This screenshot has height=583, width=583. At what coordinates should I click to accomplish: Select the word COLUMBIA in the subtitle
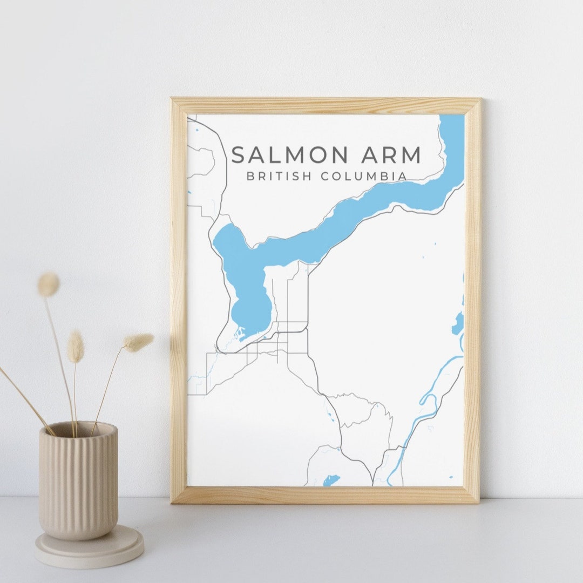pyautogui.click(x=364, y=177)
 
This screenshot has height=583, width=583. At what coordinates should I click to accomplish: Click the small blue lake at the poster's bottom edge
pyautogui.click(x=330, y=479)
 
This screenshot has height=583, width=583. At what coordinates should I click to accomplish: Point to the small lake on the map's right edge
pyautogui.click(x=458, y=323)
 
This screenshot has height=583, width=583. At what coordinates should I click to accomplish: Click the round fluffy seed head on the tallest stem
pyautogui.click(x=49, y=284)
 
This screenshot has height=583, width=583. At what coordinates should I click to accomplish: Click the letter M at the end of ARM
pyautogui.click(x=411, y=155)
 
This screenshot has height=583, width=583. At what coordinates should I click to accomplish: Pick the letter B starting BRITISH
pyautogui.click(x=250, y=177)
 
